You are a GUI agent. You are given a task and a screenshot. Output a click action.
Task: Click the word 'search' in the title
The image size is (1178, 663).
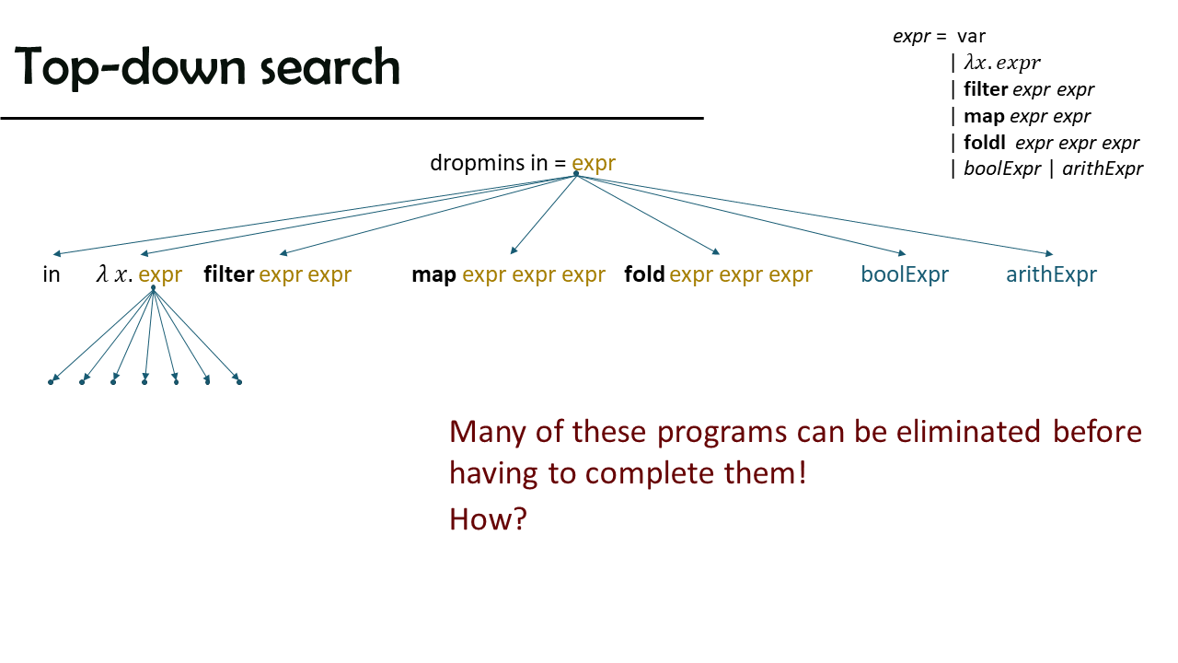(330, 67)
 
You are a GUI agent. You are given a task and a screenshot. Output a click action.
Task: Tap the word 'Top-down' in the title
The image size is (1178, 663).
(130, 67)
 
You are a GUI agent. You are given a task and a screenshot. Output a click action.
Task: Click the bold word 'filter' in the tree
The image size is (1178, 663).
(229, 274)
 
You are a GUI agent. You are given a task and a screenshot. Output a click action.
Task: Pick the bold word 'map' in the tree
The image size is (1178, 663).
(433, 275)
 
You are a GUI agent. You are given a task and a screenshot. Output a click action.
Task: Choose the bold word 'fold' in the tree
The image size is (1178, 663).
(644, 274)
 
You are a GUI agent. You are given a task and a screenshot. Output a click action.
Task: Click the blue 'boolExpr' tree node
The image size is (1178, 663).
(905, 274)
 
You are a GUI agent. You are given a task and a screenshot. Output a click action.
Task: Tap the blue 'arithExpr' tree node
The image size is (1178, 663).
(1051, 274)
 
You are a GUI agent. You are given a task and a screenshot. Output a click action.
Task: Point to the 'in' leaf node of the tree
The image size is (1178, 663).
(51, 274)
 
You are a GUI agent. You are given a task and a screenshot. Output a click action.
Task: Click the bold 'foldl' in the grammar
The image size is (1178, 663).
(985, 143)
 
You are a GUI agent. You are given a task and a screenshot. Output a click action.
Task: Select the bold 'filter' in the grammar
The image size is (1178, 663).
(986, 89)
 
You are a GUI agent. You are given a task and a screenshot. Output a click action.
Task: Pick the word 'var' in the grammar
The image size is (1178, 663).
(971, 37)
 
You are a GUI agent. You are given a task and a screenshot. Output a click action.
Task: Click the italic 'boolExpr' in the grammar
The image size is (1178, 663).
(1002, 169)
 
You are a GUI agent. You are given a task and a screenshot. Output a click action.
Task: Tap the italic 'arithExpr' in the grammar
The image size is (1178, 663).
(1103, 169)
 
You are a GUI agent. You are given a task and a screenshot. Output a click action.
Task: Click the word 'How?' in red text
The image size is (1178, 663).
(488, 518)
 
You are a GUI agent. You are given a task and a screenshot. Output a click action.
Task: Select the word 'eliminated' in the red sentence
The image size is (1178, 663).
(968, 432)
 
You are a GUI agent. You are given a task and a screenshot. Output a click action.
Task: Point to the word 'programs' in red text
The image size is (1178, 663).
(722, 433)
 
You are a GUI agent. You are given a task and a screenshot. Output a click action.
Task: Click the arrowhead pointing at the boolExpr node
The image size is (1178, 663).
(902, 253)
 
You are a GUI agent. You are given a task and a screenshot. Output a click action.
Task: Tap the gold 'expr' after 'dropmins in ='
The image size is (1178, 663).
(594, 164)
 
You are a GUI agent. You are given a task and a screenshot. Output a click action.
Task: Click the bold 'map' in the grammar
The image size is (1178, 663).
(984, 117)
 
